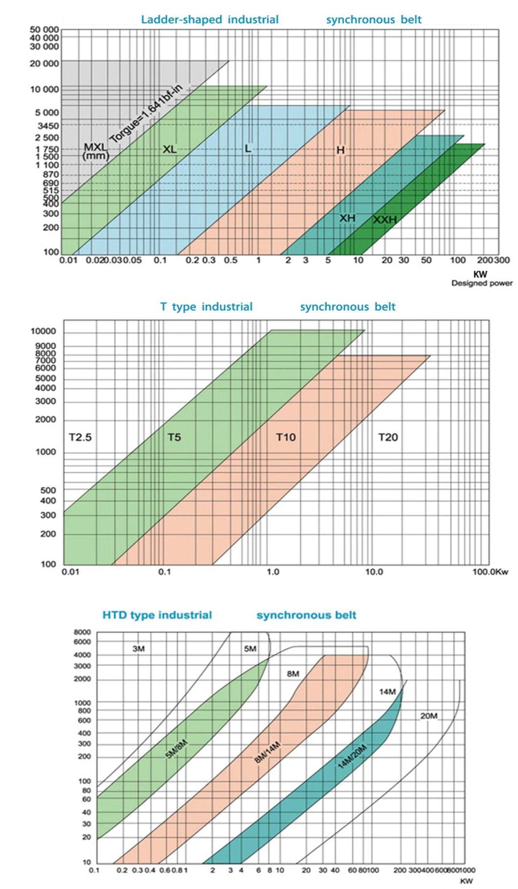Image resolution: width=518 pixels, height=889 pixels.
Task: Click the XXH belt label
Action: [385, 220]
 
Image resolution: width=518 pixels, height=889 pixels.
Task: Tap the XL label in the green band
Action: [170, 150]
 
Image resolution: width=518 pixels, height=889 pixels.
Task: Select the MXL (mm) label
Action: [95, 151]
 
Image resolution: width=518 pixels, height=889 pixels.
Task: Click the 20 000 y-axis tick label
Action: [44, 64]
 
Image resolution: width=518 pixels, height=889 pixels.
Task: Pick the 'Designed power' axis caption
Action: [481, 283]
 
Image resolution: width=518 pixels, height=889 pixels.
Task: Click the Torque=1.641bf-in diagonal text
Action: [145, 115]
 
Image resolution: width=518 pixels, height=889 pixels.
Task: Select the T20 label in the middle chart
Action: [388, 437]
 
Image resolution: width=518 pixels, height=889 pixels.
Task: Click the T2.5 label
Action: [80, 437]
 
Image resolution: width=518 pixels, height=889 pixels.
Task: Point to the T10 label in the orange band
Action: [286, 437]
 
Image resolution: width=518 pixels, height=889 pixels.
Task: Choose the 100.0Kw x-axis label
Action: [490, 572]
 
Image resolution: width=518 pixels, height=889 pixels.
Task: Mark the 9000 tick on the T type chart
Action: [48, 346]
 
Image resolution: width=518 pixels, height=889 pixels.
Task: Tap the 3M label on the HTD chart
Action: [138, 649]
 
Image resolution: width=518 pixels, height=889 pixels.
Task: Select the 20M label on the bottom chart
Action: [429, 716]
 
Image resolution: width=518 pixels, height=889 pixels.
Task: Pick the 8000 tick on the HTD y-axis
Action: [82, 632]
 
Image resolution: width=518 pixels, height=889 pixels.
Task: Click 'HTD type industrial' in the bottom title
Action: [157, 615]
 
